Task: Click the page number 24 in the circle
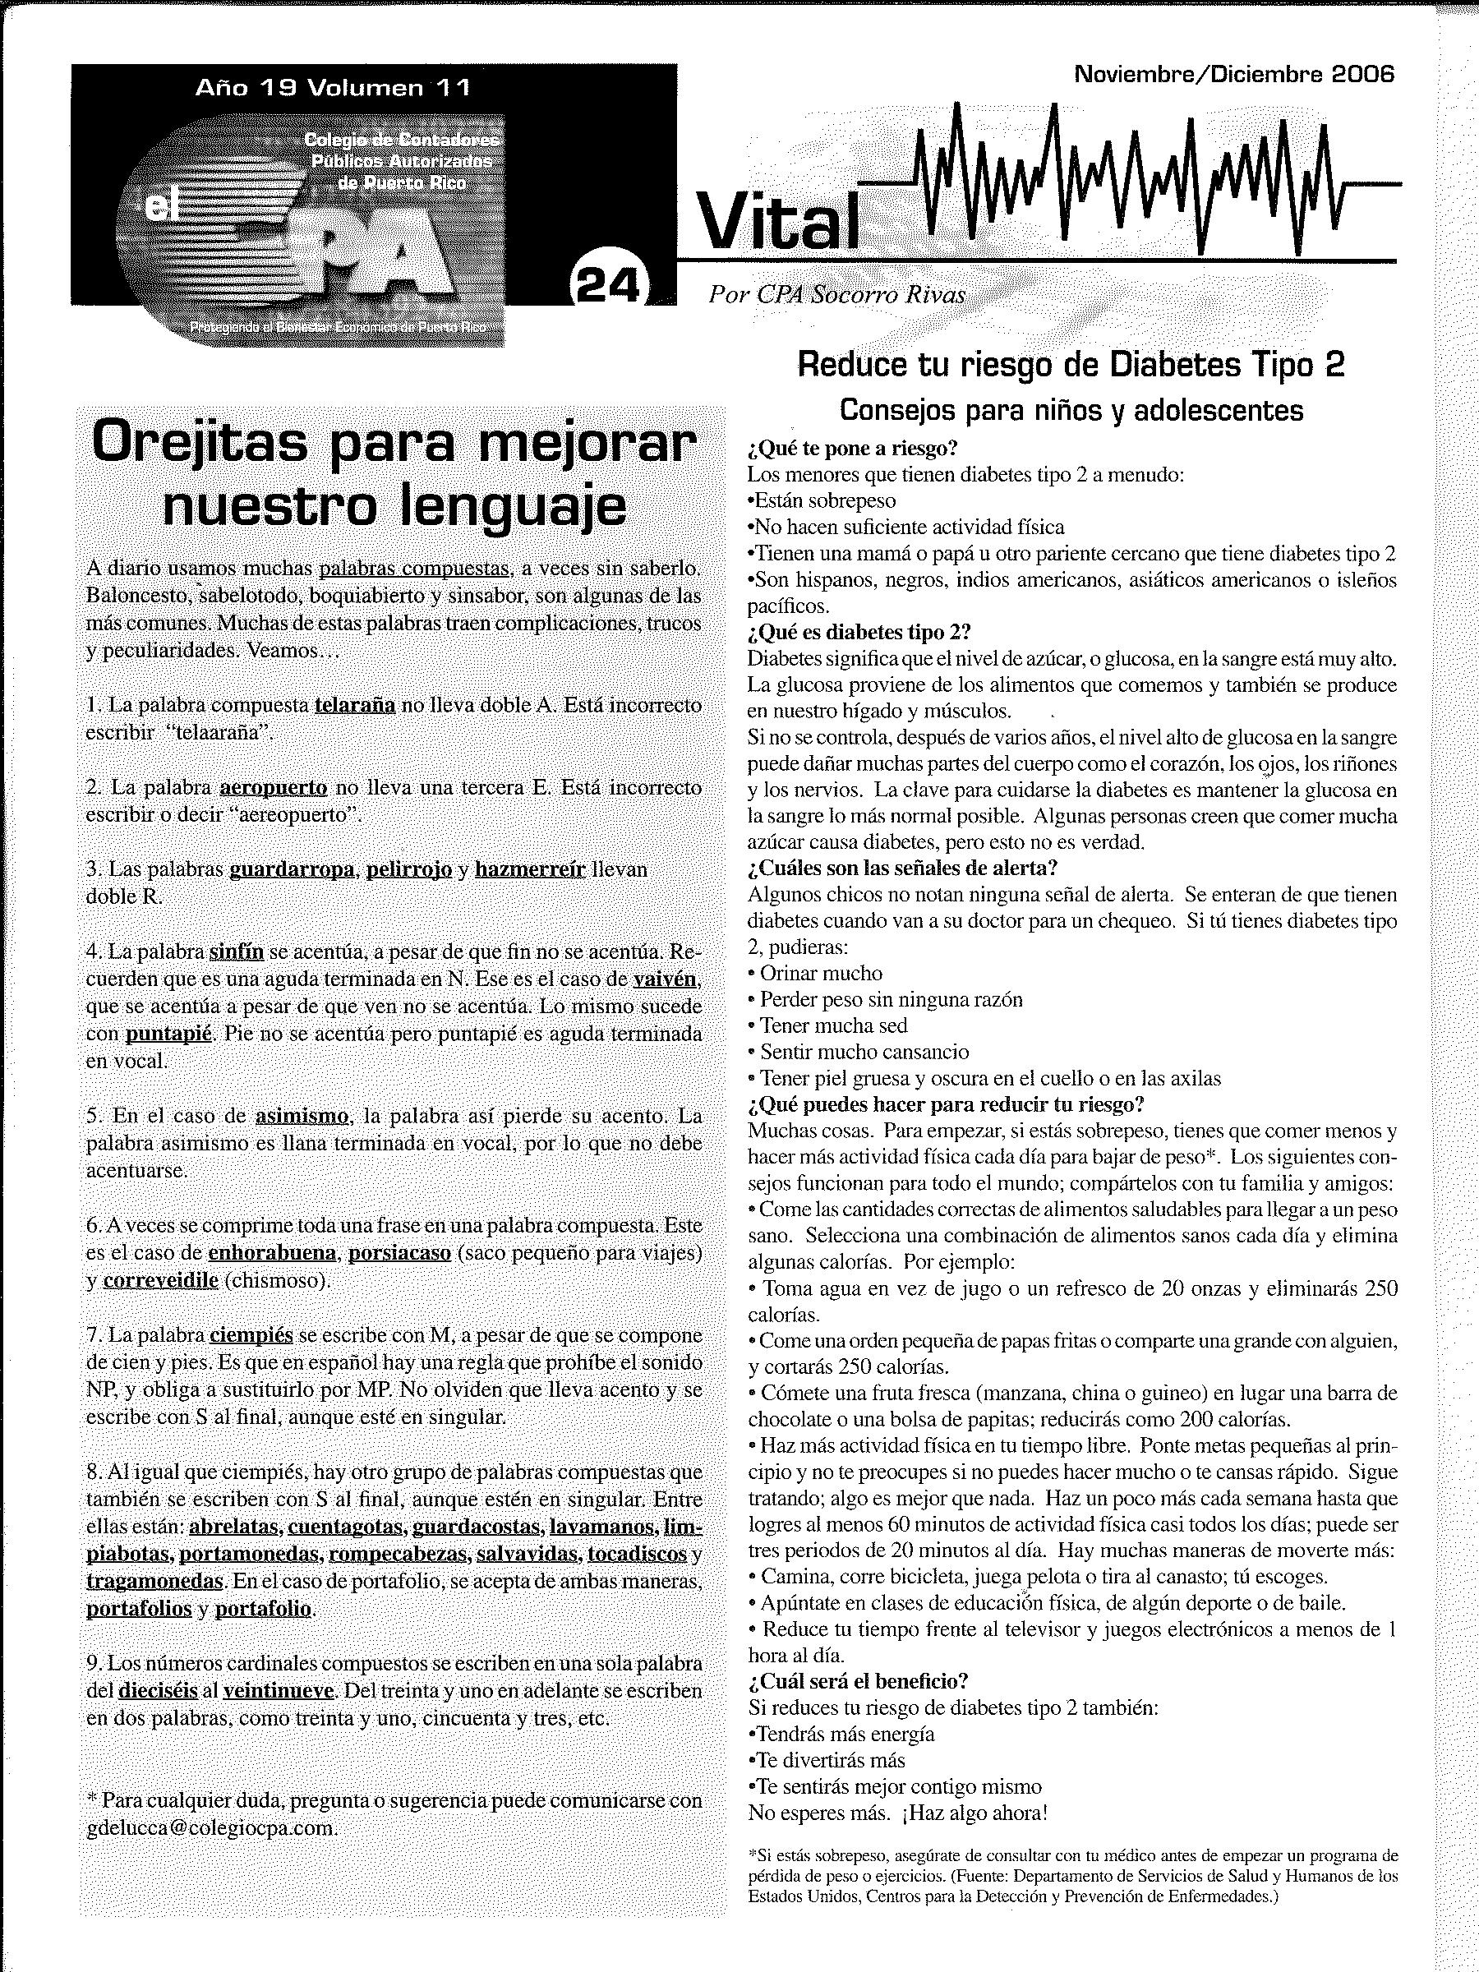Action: [609, 287]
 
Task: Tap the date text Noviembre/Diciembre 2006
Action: [1234, 75]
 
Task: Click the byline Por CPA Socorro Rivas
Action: [836, 295]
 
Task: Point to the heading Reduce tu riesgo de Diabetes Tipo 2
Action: [1071, 365]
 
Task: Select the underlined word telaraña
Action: [355, 705]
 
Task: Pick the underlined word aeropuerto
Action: [274, 788]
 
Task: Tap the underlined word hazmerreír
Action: [529, 869]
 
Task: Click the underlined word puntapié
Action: [169, 1034]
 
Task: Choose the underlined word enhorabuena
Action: [272, 1252]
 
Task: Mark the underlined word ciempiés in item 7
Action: [251, 1335]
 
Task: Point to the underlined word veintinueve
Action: [279, 1691]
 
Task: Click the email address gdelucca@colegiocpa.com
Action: [212, 1827]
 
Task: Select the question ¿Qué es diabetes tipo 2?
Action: [859, 632]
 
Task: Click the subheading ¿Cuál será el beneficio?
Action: [858, 1681]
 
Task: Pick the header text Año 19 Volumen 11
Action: [333, 87]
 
